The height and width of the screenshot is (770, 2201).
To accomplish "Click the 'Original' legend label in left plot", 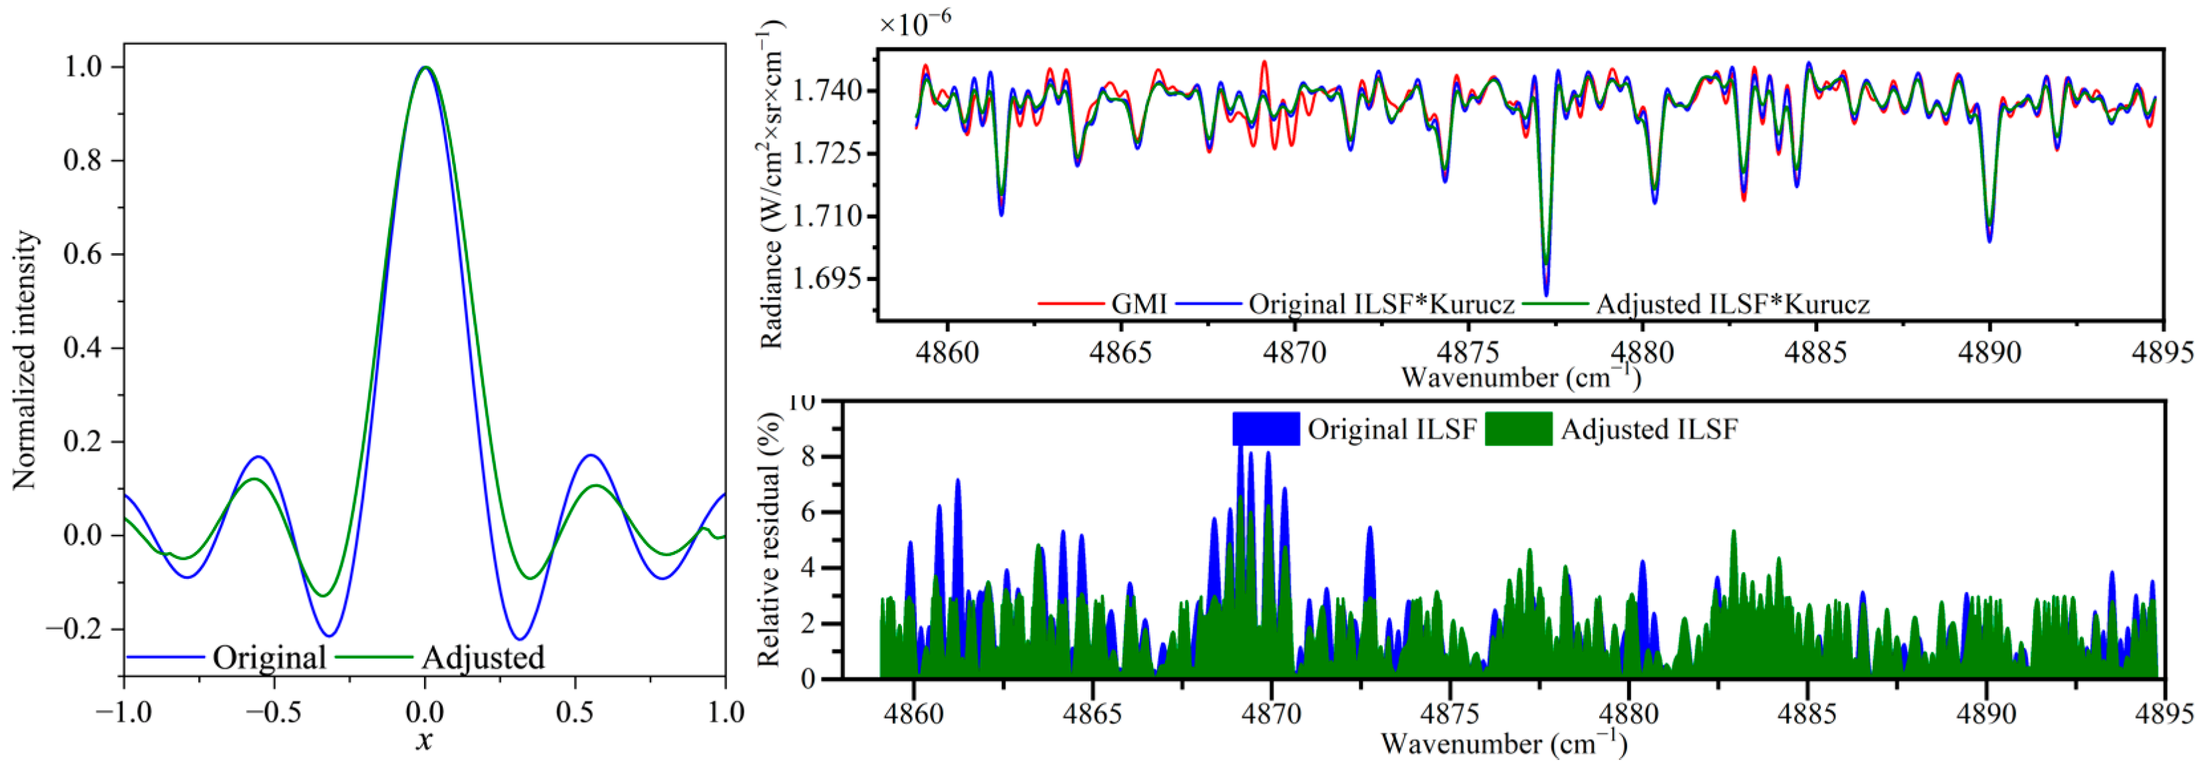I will click(x=269, y=657).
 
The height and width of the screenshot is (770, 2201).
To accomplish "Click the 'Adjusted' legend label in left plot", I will click(x=483, y=657).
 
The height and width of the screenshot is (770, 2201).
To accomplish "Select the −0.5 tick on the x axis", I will click(x=274, y=712).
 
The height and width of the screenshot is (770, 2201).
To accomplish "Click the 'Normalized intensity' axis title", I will click(x=26, y=360).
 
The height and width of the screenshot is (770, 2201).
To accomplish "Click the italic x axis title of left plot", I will click(x=425, y=740).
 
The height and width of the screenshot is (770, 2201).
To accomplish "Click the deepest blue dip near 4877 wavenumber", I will click(x=1547, y=294).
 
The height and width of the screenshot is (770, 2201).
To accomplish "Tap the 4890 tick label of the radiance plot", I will click(x=1990, y=352).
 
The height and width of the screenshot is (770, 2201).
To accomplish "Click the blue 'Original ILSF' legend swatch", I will click(x=1266, y=429).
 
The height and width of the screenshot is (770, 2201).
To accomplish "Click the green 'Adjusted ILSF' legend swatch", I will click(x=1519, y=429).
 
